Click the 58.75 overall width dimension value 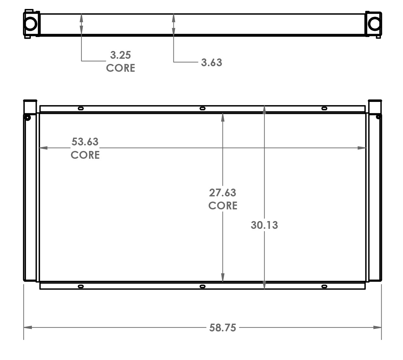222,328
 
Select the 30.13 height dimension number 264,225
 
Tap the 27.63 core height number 222,193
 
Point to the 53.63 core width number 85,142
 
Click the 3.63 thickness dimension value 211,62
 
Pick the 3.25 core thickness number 120,55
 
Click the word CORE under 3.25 120,68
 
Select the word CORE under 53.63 85,155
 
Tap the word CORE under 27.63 223,205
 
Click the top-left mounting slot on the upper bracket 81,108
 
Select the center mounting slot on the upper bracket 202,108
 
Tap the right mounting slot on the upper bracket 324,108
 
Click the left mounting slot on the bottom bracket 81,286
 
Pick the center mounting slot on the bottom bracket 202,286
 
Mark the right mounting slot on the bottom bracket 324,286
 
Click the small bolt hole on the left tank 28,117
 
